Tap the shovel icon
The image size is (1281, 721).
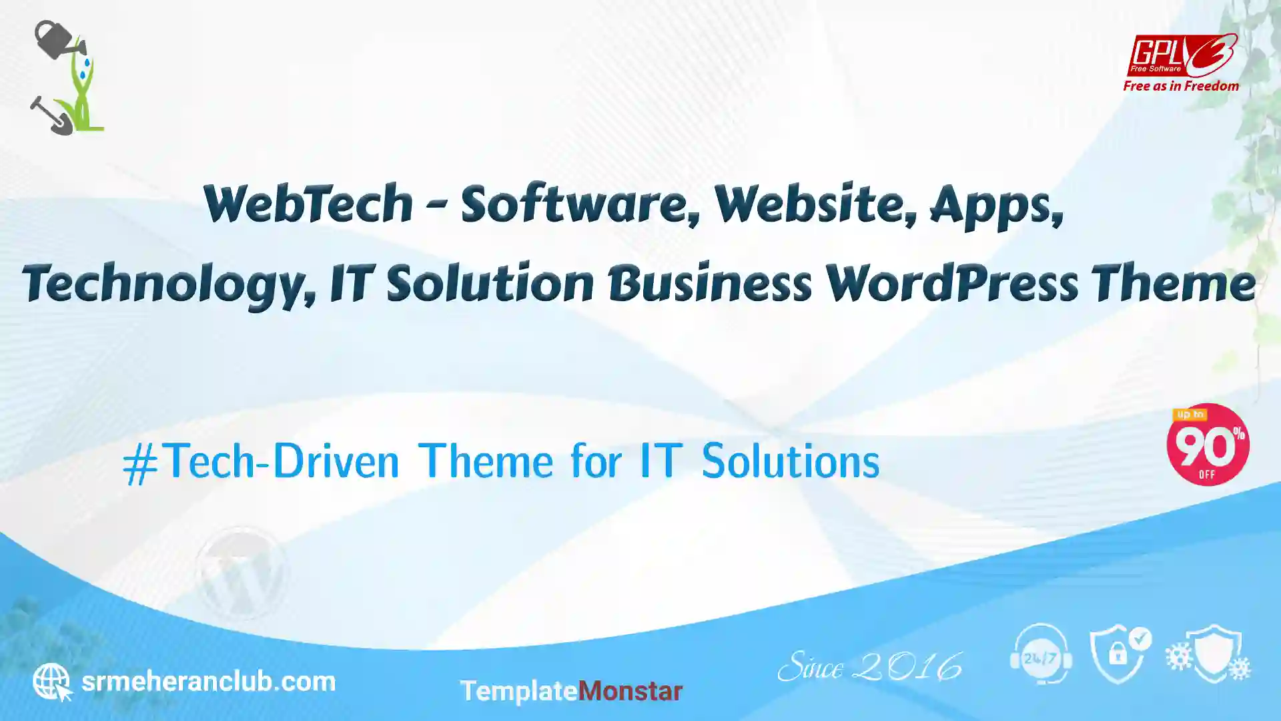click(x=51, y=115)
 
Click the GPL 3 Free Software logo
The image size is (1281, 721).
click(x=1182, y=55)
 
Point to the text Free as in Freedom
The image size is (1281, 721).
click(x=1181, y=86)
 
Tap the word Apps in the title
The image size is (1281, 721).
click(x=996, y=206)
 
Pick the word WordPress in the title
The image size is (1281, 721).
click(x=951, y=283)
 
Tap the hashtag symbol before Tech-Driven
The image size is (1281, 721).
click(x=140, y=464)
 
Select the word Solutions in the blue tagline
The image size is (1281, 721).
click(x=791, y=461)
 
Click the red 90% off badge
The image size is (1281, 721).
click(x=1208, y=445)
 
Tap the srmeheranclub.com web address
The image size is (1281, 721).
click(x=208, y=682)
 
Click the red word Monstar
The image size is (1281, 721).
click(x=630, y=691)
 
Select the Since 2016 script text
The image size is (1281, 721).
click(x=870, y=667)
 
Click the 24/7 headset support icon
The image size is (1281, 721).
click(x=1041, y=654)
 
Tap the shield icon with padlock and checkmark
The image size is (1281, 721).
click(x=1120, y=655)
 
